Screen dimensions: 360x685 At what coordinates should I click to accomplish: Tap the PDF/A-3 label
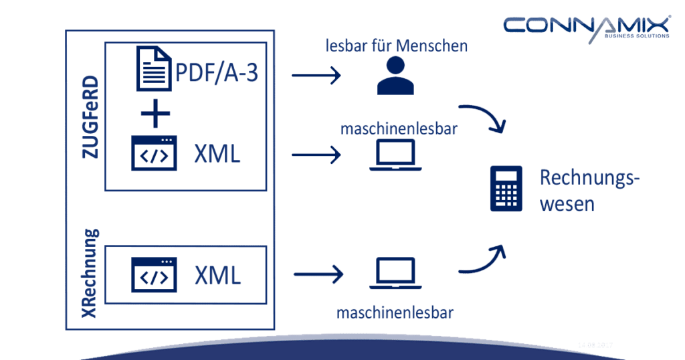(x=216, y=72)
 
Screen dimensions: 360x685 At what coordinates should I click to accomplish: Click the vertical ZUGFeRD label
(x=90, y=118)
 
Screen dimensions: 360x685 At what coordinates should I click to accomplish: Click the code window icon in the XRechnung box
(x=154, y=276)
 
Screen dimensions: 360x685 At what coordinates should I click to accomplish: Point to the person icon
(x=390, y=75)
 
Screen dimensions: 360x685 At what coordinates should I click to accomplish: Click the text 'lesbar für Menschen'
(x=397, y=46)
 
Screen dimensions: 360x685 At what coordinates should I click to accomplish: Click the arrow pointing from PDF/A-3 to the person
(x=316, y=76)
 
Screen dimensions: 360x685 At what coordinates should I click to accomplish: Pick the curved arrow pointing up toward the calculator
(x=482, y=261)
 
